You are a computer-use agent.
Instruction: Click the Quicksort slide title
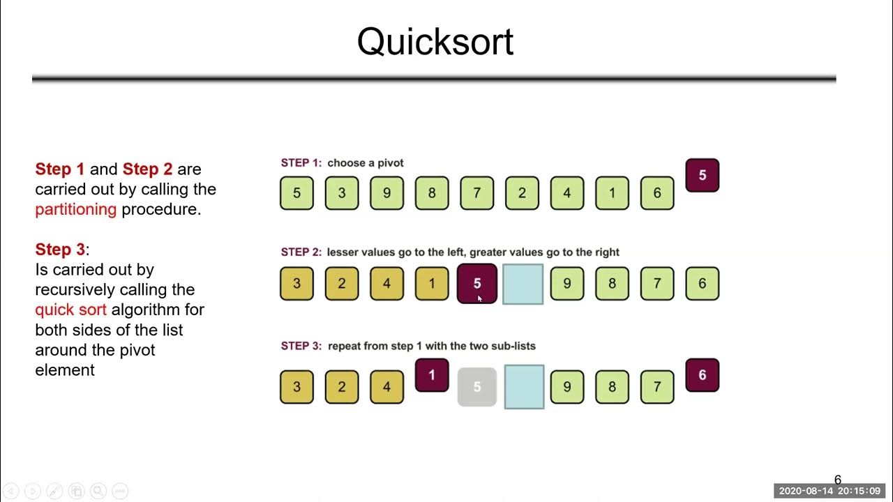point(435,42)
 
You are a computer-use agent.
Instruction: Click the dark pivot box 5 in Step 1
point(702,175)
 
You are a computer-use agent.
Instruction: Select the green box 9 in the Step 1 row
point(387,193)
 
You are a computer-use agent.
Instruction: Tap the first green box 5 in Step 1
point(297,193)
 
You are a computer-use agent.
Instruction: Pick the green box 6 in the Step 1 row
point(656,193)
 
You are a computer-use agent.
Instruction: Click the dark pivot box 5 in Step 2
point(477,284)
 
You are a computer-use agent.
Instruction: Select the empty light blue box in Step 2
point(523,284)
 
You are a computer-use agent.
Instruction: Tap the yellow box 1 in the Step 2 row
point(432,284)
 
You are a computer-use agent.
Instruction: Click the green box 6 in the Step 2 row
point(702,284)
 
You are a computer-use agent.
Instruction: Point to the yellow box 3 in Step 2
point(297,284)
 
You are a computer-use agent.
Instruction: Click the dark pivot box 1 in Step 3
point(432,375)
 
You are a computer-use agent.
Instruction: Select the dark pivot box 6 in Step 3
point(702,375)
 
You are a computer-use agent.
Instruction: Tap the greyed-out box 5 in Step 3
point(477,386)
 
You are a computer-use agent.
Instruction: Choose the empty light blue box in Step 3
point(523,386)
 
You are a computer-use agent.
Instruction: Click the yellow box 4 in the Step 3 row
point(387,386)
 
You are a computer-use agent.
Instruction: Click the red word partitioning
point(75,209)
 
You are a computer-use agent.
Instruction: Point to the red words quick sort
point(70,310)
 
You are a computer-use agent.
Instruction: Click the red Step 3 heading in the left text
point(61,250)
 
